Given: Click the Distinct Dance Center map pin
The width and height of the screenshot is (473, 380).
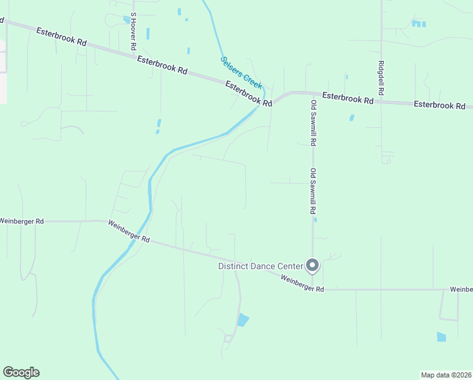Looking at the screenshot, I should tap(312, 265).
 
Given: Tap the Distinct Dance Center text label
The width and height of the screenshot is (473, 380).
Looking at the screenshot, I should tap(261, 267).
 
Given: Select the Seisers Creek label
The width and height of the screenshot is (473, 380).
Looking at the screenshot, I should tap(241, 73).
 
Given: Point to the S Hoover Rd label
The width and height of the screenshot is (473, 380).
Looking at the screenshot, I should tap(133, 32).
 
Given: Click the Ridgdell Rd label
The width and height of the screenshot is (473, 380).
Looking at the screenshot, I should tap(381, 78).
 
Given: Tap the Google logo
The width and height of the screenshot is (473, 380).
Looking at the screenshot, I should tap(21, 372).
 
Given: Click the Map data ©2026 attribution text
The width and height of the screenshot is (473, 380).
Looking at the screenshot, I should tap(446, 374).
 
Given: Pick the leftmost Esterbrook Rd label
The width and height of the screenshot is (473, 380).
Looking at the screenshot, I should tap(61, 37).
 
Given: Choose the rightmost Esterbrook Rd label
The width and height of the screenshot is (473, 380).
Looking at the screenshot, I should tap(439, 104).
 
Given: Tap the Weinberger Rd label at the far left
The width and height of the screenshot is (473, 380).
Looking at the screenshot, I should tap(21, 221).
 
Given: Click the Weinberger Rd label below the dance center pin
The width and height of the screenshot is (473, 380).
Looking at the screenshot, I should tap(302, 284).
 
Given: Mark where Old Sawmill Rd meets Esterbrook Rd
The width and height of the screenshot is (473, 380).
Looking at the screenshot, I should tap(312, 94).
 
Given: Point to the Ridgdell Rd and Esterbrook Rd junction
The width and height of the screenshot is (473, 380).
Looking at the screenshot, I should tap(382, 101).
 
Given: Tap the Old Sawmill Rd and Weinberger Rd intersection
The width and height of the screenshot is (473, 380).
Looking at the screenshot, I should tap(312, 289).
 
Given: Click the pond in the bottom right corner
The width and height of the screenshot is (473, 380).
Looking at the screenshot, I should tap(441, 337).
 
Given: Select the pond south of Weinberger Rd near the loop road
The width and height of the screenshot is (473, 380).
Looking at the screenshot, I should tap(243, 320).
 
